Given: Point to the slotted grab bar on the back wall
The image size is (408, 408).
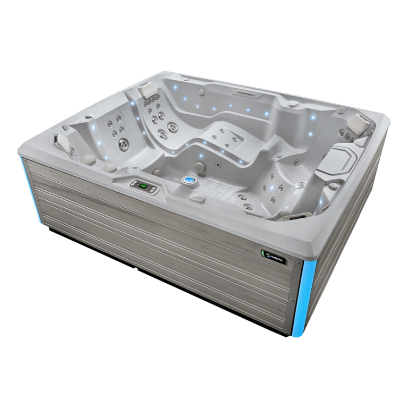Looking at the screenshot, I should pos(248,93).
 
